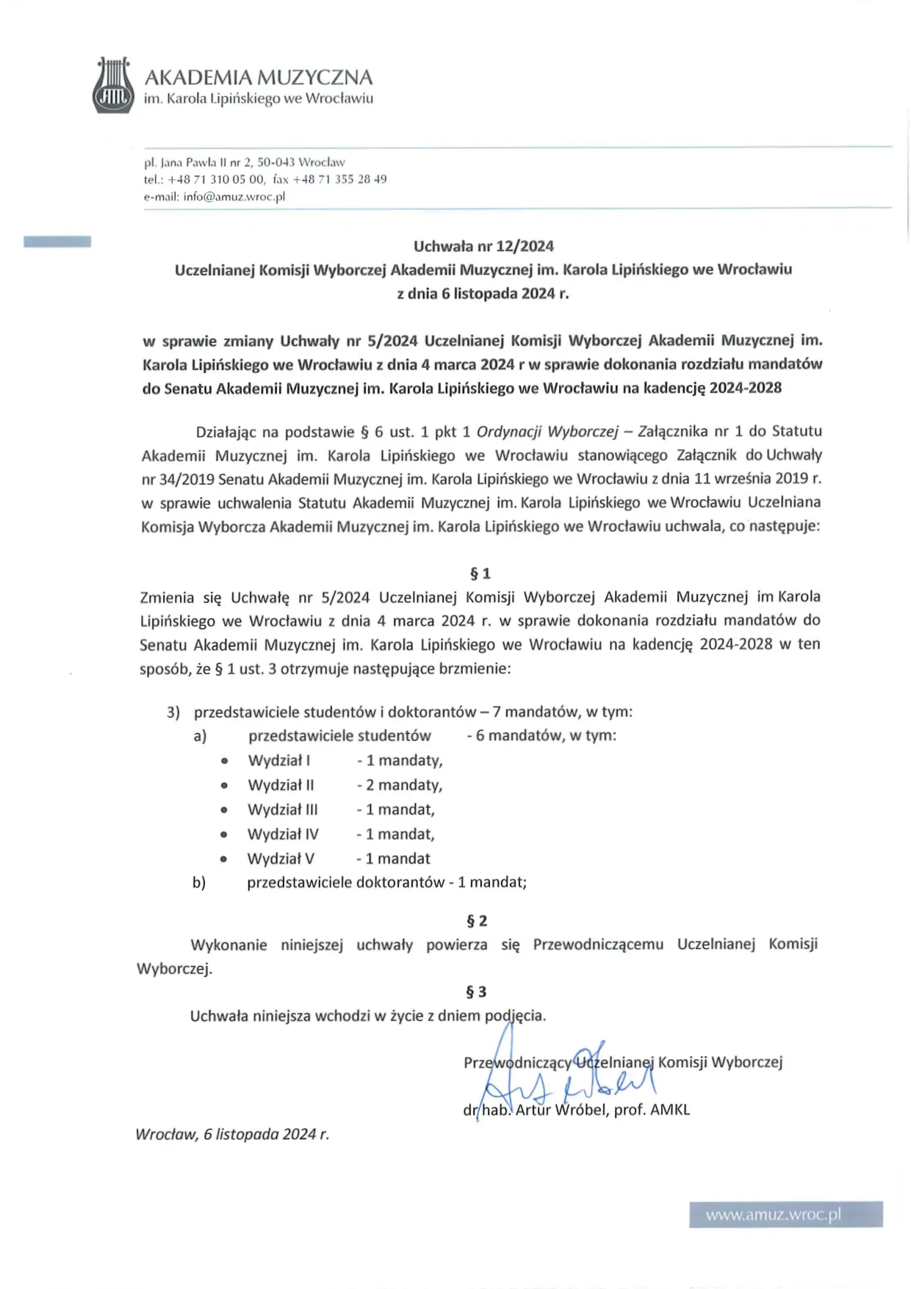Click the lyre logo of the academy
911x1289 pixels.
[113, 86]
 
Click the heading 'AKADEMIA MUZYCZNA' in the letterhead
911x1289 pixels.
[259, 77]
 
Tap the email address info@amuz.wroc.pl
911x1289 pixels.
[234, 197]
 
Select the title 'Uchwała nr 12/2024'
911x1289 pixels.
[483, 246]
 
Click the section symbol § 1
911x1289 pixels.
[480, 573]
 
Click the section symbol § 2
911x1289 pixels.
[477, 920]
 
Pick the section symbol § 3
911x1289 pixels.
[476, 992]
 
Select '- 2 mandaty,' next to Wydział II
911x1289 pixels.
[400, 785]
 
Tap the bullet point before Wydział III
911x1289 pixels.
[224, 810]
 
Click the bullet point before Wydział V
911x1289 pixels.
[224, 859]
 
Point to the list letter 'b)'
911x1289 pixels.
[199, 882]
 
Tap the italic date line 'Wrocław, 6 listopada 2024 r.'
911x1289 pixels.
[232, 1134]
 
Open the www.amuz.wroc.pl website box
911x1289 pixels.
[785, 1214]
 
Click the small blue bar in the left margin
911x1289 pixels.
[57, 242]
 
